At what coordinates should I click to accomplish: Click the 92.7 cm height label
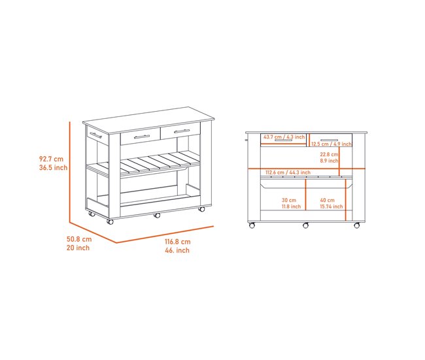point(51,159)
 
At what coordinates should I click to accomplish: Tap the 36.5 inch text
point(53,168)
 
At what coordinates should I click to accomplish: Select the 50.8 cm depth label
point(79,239)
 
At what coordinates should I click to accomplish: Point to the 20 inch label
point(78,248)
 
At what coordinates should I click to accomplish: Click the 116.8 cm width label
point(178,242)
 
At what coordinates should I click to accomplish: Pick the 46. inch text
point(177,250)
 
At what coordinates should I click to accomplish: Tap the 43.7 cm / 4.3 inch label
point(284,137)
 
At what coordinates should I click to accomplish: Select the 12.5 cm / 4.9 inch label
point(331,144)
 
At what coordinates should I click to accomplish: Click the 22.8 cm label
point(329,154)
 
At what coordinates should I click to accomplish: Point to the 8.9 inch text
point(329,161)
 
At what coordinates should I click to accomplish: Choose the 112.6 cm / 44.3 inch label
point(288,172)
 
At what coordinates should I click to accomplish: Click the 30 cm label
point(289,200)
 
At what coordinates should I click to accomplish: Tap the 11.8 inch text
point(291,206)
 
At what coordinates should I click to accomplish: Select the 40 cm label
point(327,200)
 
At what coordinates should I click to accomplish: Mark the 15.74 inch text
point(331,206)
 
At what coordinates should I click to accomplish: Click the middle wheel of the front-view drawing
point(305,225)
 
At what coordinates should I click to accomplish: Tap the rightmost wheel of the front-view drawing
point(357,225)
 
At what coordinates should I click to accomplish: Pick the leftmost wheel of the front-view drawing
point(252,225)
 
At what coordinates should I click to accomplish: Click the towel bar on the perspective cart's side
point(95,135)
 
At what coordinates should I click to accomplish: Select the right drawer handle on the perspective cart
point(182,131)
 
